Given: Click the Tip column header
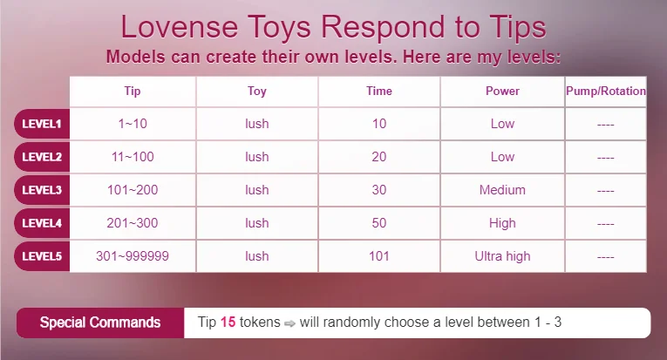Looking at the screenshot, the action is (x=133, y=92).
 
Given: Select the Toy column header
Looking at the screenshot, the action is (x=257, y=92).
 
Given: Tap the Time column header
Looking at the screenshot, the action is (x=379, y=91).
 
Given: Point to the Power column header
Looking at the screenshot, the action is (x=502, y=91).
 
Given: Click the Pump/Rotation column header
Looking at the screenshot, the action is (x=606, y=91).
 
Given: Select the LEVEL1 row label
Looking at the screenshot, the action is (x=42, y=124).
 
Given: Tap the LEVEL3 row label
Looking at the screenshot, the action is (x=42, y=190).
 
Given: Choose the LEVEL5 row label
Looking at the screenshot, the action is (x=42, y=256).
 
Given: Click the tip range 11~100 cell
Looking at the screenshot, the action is (x=133, y=157).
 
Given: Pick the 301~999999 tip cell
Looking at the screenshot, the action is (x=133, y=256).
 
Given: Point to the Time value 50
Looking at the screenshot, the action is (x=379, y=223).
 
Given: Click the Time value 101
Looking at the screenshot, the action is (x=379, y=256).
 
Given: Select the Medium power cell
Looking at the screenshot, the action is (x=502, y=190).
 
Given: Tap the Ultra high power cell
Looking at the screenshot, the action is (x=502, y=256).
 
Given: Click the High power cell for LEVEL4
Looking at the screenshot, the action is (x=502, y=223).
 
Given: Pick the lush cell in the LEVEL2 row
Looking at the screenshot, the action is (x=257, y=157).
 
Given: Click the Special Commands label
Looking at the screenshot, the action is (x=100, y=323).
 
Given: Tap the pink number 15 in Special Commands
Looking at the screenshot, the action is (x=228, y=323).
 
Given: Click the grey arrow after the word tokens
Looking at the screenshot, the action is (x=289, y=324).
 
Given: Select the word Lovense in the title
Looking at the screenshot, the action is (x=179, y=27).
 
